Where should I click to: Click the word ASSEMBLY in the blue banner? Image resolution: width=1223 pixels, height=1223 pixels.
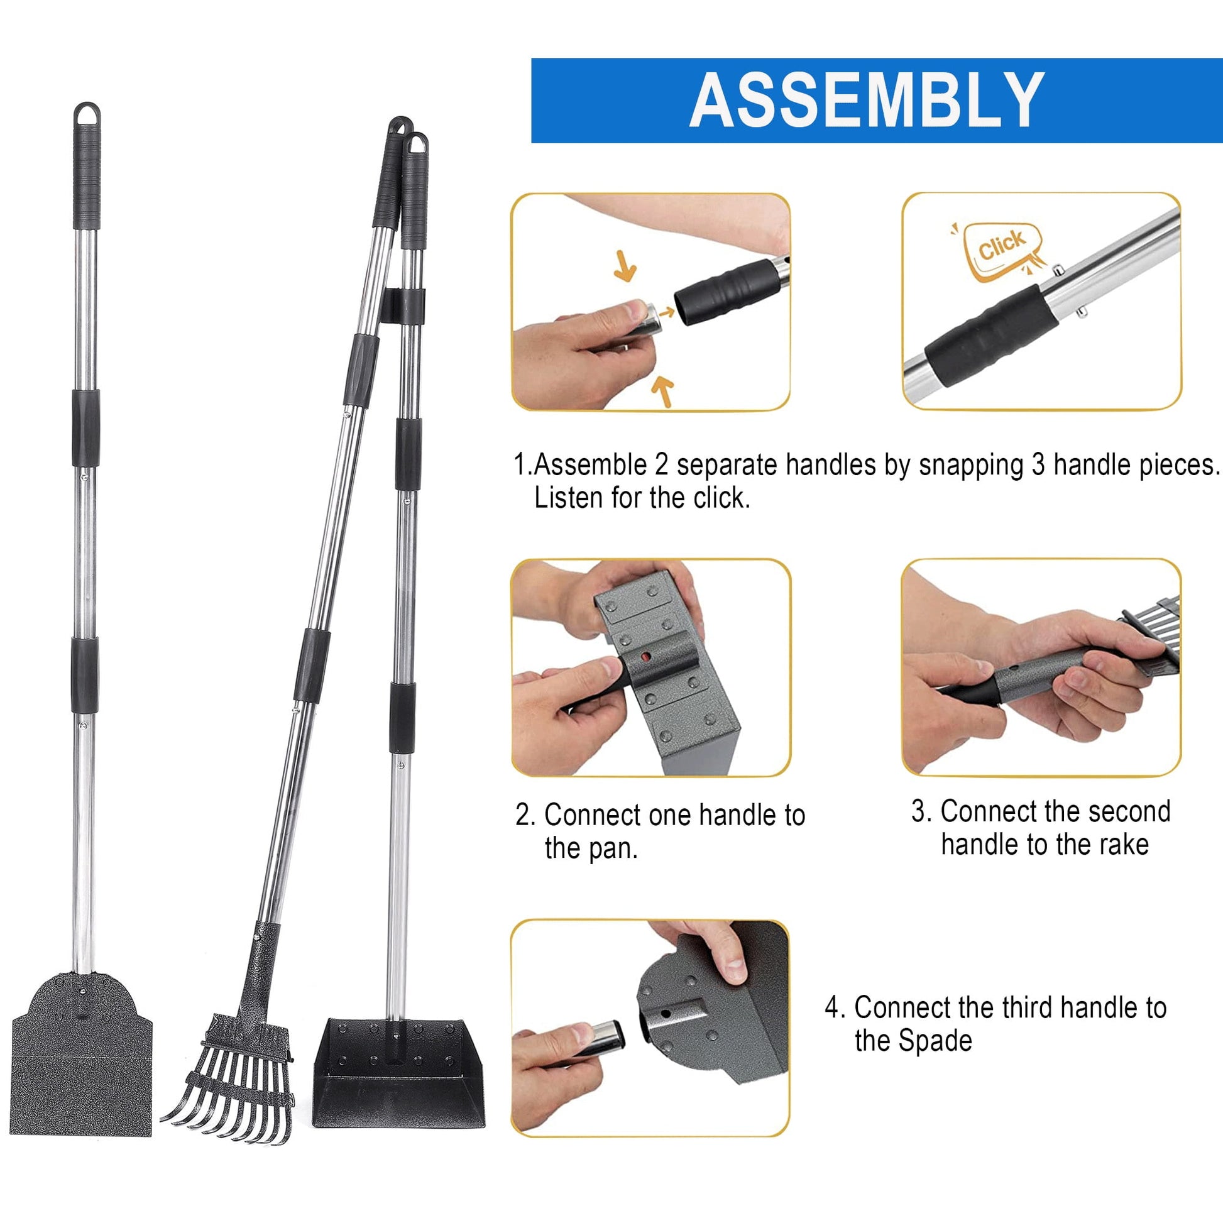click(x=867, y=100)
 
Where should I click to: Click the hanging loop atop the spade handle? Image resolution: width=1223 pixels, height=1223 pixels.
click(x=87, y=114)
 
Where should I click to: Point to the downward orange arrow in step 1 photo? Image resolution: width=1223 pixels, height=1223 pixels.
click(x=625, y=266)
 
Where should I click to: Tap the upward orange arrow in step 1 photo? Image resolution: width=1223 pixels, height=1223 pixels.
click(x=663, y=390)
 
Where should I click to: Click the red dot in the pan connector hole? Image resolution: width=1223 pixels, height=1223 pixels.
click(x=644, y=659)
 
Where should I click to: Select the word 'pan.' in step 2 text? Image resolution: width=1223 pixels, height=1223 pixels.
click(x=591, y=849)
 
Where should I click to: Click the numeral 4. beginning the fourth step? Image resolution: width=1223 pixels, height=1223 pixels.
click(x=835, y=1007)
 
